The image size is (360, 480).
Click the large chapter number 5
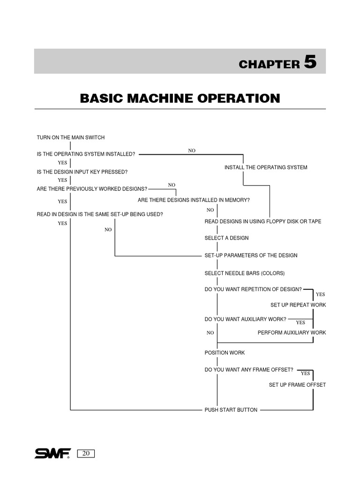[x=310, y=62]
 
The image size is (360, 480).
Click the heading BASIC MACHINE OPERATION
[x=180, y=98]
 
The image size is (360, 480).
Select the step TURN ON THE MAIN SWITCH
[x=71, y=137]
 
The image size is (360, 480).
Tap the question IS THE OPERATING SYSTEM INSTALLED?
[x=86, y=154]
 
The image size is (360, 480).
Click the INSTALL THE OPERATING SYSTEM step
[x=266, y=167]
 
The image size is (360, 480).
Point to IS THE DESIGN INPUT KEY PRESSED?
[x=82, y=172]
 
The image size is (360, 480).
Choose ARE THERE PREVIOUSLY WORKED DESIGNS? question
[x=92, y=189]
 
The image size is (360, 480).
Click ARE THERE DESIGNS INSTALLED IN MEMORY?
[x=194, y=200]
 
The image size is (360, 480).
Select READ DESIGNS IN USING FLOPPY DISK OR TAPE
[x=263, y=221]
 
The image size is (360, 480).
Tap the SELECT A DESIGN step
[x=226, y=238]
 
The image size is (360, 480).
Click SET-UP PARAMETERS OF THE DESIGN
[x=251, y=255]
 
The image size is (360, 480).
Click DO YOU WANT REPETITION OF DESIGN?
[x=253, y=289]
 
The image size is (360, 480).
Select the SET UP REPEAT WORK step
[x=298, y=305]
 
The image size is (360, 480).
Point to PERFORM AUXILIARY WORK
[x=292, y=332]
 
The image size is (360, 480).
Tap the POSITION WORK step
[x=225, y=352]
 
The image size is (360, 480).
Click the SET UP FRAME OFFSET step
[x=297, y=385]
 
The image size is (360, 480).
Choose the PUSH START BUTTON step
[x=231, y=410]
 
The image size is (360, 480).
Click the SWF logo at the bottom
[x=52, y=453]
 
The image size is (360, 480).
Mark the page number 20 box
[x=86, y=453]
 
